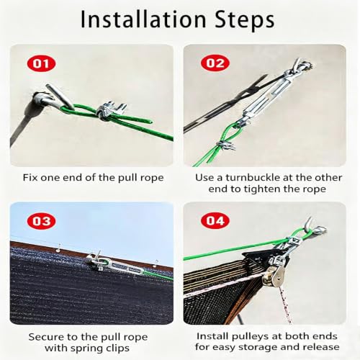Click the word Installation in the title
tap(143, 19)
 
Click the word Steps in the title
tap(245, 19)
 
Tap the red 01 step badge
tap(41, 63)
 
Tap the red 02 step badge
tap(215, 63)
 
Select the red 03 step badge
tap(42, 221)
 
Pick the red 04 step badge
tap(215, 221)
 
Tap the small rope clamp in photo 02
tap(225, 146)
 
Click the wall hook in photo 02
tap(302, 66)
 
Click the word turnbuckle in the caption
tap(252, 178)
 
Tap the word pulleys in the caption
tap(256, 337)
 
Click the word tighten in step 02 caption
tap(262, 189)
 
